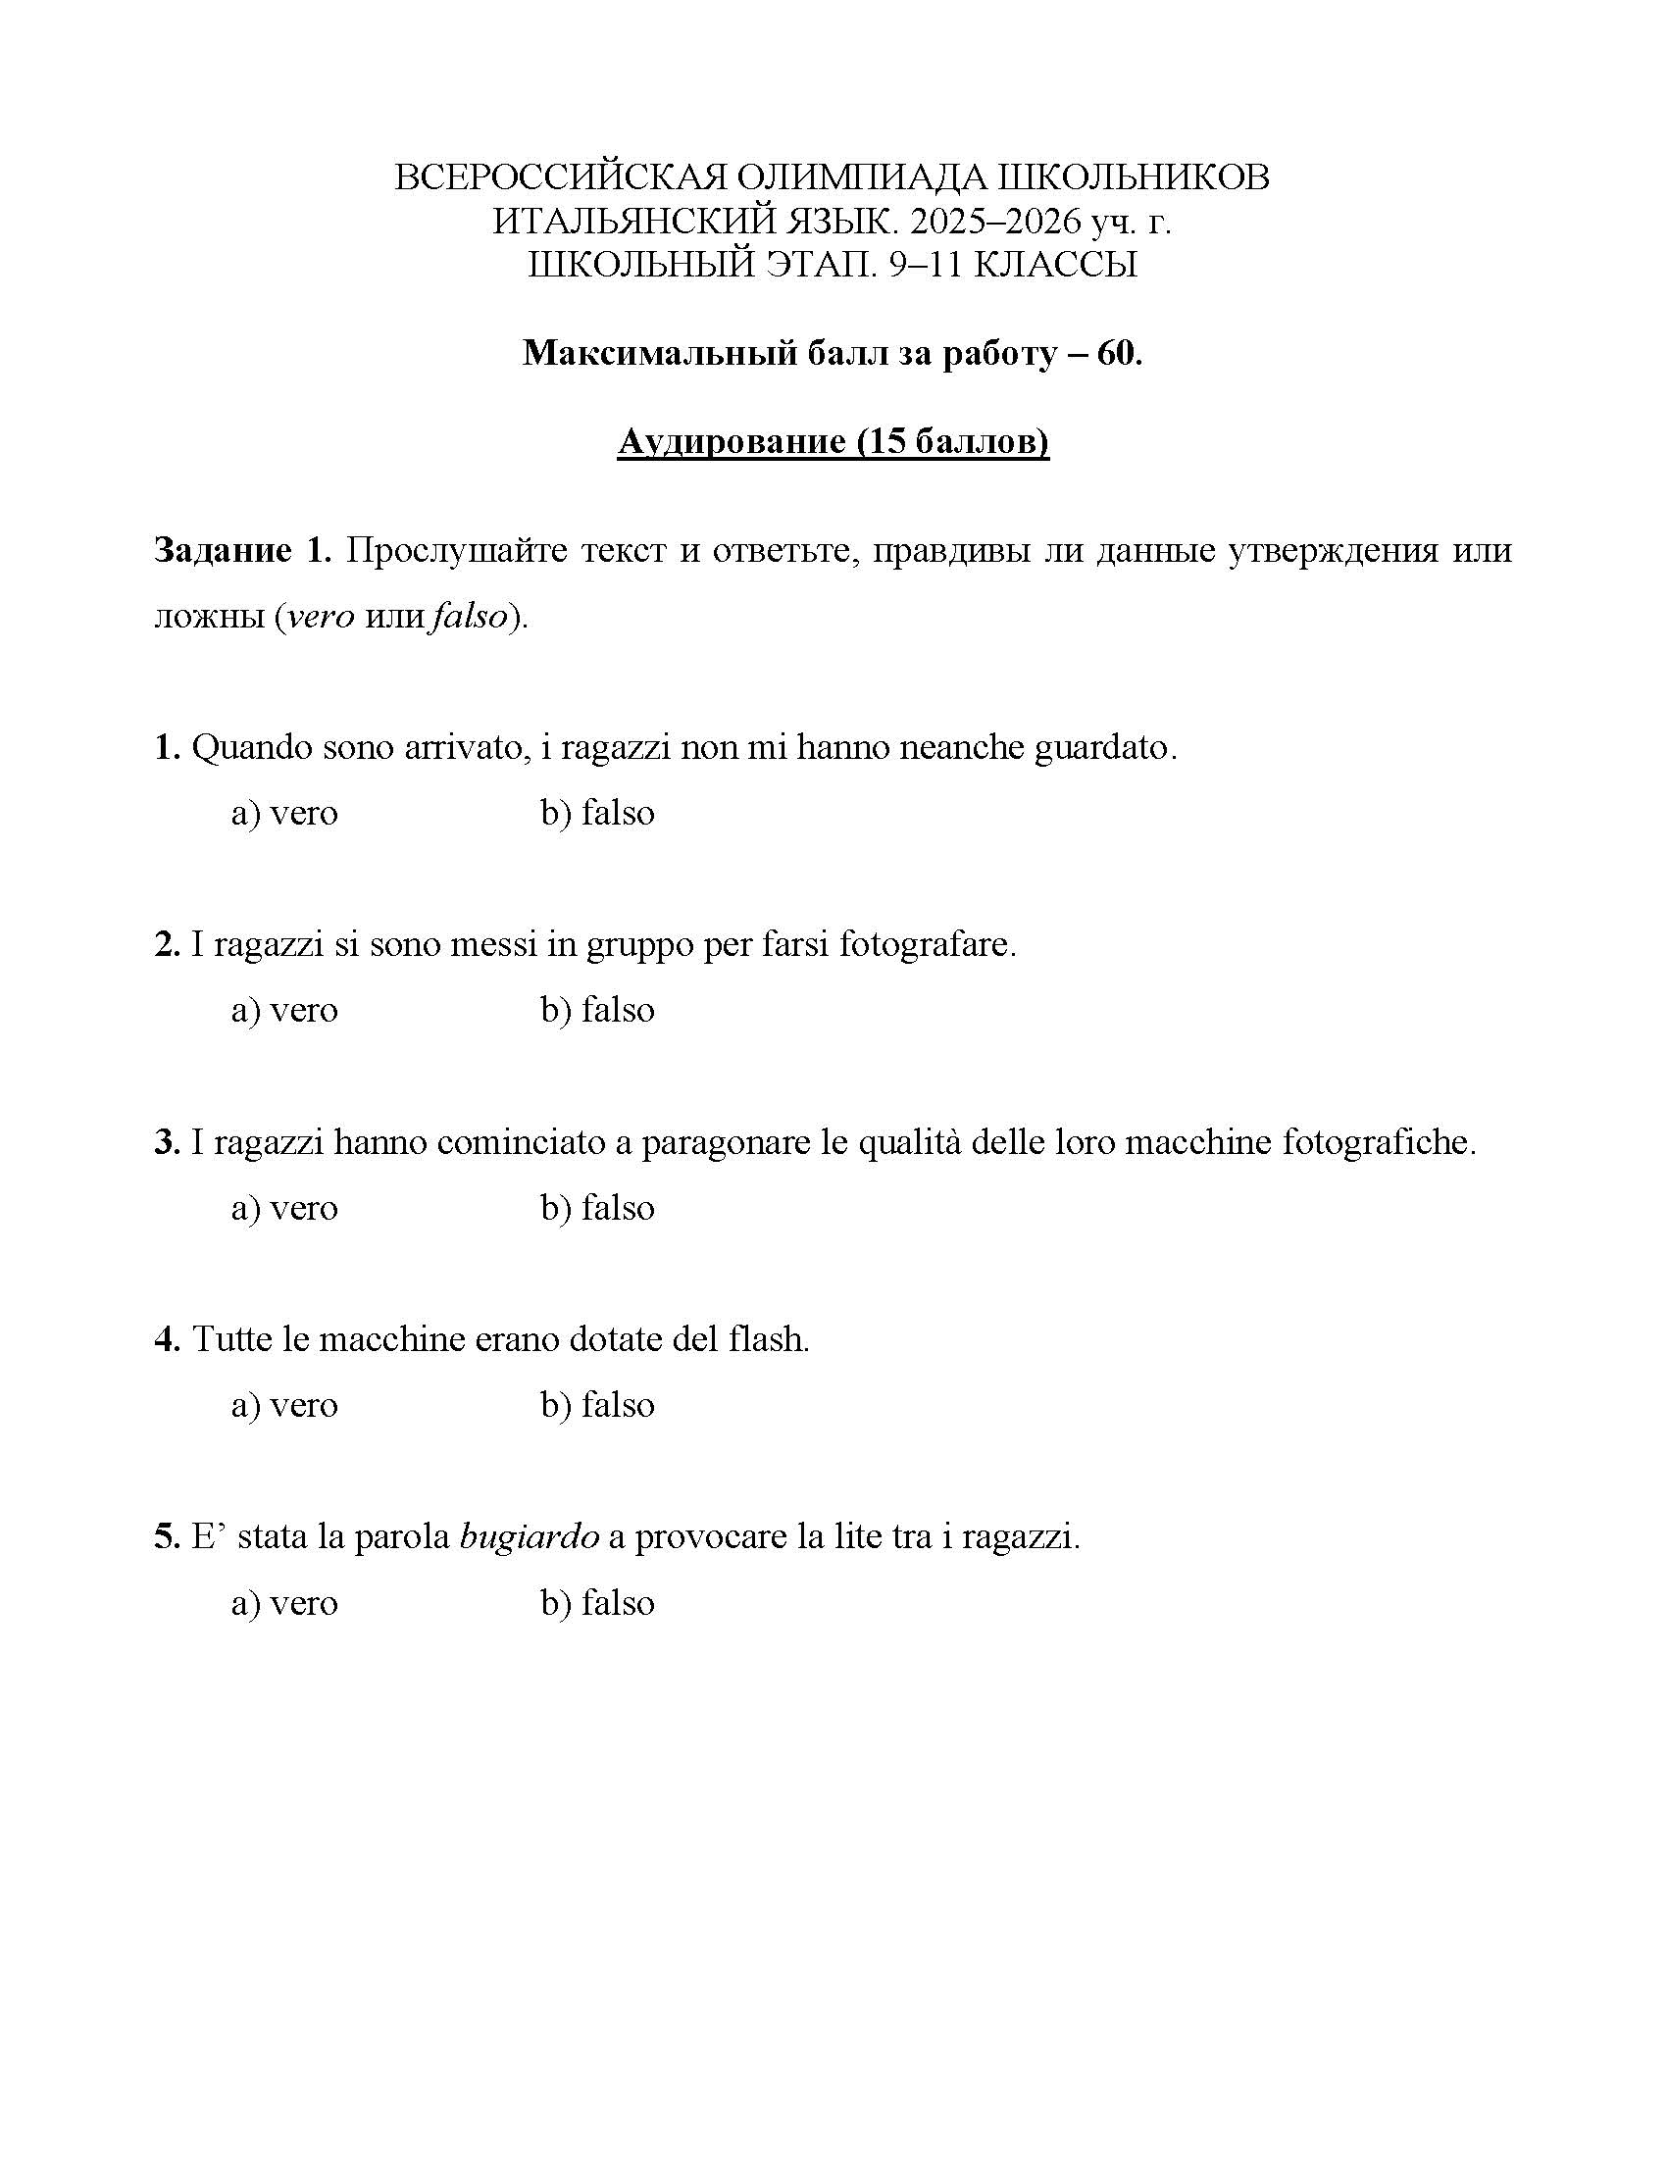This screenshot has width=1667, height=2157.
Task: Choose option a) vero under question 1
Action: tap(284, 813)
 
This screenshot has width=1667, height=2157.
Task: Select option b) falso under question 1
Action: tap(597, 813)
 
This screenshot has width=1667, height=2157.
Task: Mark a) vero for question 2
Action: tap(284, 1010)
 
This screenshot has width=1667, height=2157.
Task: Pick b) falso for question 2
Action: tap(597, 1010)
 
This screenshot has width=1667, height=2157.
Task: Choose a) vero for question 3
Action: tap(284, 1208)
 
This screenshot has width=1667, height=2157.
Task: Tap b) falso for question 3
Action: tap(597, 1208)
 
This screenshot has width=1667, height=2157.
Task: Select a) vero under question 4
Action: tap(284, 1405)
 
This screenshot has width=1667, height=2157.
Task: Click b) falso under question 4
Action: tap(597, 1405)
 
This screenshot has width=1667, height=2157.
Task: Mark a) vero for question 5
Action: tap(284, 1603)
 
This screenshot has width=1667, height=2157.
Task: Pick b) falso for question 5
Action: tap(597, 1603)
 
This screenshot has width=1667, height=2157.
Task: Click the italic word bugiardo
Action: tap(530, 1537)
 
